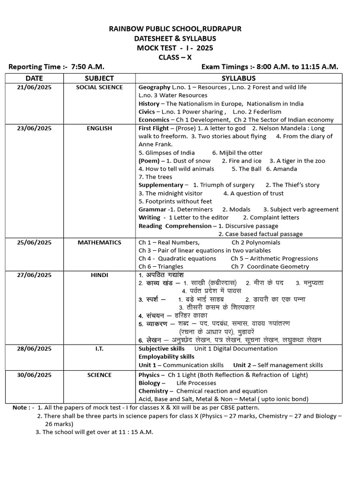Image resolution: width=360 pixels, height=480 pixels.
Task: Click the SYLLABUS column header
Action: click(x=239, y=78)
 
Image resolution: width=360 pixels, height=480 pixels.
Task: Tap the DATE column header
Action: click(x=34, y=78)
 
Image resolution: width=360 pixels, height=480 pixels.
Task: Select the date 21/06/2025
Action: click(x=34, y=87)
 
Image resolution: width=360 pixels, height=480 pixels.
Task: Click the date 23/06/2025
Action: click(x=34, y=128)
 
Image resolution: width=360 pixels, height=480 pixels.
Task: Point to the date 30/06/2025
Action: click(x=34, y=375)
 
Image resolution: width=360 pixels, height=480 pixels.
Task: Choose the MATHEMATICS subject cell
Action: click(x=99, y=242)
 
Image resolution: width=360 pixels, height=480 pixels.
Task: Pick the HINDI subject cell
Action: click(x=99, y=275)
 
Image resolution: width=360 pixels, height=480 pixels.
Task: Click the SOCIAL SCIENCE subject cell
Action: click(x=99, y=87)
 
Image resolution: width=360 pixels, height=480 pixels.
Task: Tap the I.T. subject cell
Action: click(x=99, y=349)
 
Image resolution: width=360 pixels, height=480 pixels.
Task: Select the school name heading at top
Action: click(x=175, y=29)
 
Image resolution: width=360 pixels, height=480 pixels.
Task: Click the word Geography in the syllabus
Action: click(x=154, y=87)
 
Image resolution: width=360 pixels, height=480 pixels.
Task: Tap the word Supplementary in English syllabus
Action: click(x=161, y=185)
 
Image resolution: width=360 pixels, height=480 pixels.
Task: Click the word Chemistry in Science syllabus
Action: click(x=153, y=391)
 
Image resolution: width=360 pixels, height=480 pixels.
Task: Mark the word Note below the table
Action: click(x=20, y=407)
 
